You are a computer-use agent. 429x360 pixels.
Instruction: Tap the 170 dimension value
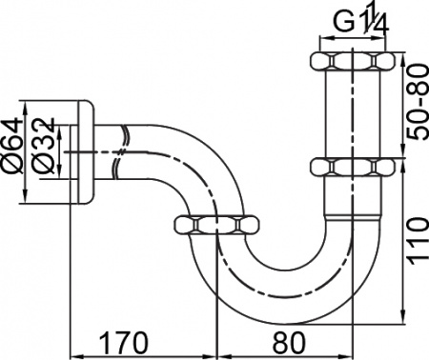[141, 339]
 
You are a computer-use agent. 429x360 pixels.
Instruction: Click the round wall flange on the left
[85, 150]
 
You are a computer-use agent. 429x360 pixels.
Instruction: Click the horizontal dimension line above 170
[143, 353]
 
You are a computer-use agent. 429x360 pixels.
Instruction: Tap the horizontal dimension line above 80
[286, 353]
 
